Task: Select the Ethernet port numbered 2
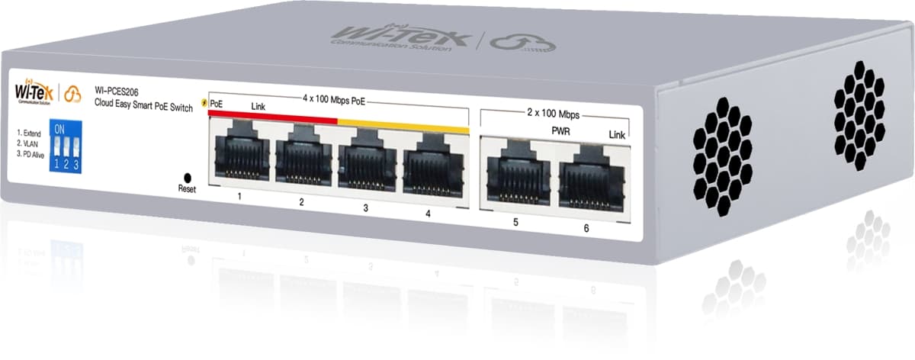[303, 161]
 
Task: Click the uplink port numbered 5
[516, 175]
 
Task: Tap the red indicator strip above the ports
[271, 115]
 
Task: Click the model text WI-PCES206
[117, 92]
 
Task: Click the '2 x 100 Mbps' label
[554, 114]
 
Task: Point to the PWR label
[561, 130]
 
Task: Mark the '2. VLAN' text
[30, 143]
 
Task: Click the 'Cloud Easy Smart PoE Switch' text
[143, 103]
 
